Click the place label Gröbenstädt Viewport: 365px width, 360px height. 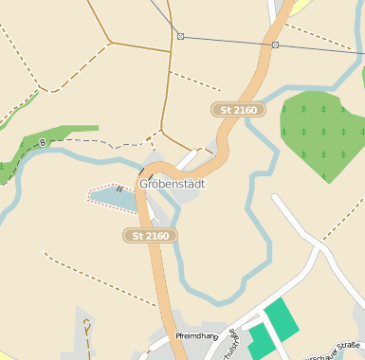(173, 184)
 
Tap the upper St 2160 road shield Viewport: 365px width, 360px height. (238, 111)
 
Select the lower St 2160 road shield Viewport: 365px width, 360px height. (152, 235)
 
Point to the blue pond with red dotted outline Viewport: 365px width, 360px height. (112, 194)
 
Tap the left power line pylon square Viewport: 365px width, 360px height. (180, 36)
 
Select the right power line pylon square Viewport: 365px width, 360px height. (275, 45)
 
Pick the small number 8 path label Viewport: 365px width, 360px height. (42, 143)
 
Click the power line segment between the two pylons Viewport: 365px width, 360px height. (228, 41)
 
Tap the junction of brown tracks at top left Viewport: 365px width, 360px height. (109, 42)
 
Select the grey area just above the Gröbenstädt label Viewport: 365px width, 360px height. (155, 161)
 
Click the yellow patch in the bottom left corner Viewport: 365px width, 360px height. (4, 355)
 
